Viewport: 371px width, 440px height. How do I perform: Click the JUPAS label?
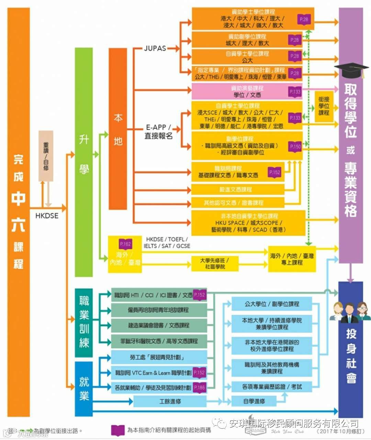[155, 48]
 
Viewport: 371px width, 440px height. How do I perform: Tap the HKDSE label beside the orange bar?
[47, 216]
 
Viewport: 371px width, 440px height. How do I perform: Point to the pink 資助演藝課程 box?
[247, 91]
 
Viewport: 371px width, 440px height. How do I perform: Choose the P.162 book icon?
[125, 244]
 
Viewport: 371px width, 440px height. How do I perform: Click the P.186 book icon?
[199, 387]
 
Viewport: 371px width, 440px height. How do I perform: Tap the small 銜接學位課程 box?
[324, 106]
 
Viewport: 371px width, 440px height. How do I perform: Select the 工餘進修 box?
[170, 401]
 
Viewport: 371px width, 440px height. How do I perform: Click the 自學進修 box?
[254, 401]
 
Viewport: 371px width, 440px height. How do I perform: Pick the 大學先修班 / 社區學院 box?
[214, 263]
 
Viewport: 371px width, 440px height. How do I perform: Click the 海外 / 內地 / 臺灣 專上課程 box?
[292, 259]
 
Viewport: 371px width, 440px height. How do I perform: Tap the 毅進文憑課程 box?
[237, 189]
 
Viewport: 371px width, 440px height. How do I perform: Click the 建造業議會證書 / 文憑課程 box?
[159, 325]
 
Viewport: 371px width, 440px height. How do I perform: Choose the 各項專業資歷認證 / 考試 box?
[271, 387]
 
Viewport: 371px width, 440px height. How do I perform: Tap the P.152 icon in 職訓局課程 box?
[274, 172]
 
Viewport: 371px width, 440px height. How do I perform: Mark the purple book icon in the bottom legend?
[118, 430]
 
